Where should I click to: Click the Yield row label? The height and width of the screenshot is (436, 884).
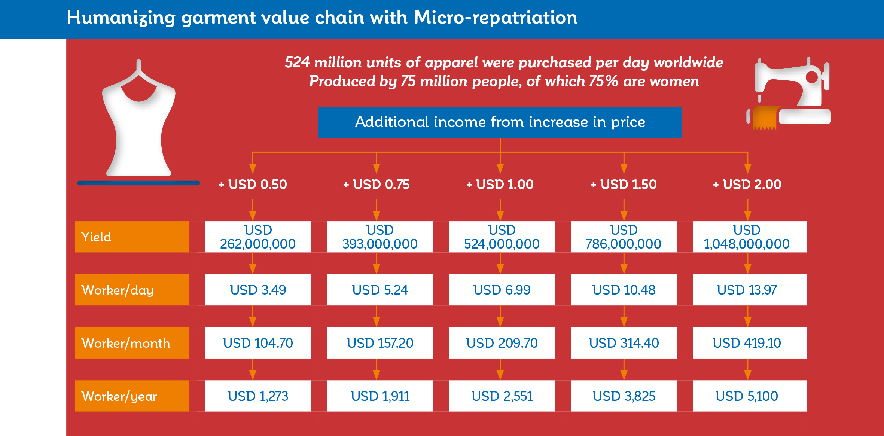pos(132,237)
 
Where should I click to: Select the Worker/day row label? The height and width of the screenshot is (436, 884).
pos(132,290)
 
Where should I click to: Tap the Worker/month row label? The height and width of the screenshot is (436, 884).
pos(132,343)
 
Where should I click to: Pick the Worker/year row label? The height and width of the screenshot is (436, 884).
pos(132,396)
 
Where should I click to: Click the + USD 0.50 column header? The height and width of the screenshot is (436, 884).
pos(253,184)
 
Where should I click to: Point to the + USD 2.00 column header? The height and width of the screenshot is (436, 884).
pos(747,184)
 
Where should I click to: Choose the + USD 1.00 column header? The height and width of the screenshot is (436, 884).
pos(500,184)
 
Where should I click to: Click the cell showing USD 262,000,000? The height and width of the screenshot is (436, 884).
pos(258,237)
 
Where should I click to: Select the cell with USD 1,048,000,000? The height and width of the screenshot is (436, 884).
pos(750,237)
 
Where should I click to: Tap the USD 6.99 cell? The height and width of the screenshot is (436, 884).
pos(502,290)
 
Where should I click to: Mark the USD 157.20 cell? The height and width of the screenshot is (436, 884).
pos(380,343)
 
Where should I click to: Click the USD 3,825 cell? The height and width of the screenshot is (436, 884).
pos(624,396)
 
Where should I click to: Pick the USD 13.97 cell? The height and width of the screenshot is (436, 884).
pos(750,290)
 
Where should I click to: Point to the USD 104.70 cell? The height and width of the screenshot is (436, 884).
pos(258,343)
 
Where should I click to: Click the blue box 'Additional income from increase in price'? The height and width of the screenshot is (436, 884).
pos(500,123)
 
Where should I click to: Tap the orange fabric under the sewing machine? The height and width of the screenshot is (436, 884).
pos(765,118)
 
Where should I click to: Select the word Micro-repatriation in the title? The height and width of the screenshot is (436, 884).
pos(496,17)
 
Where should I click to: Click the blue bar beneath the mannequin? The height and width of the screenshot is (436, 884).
pos(138,183)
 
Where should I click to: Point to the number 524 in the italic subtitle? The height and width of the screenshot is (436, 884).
pos(297,62)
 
